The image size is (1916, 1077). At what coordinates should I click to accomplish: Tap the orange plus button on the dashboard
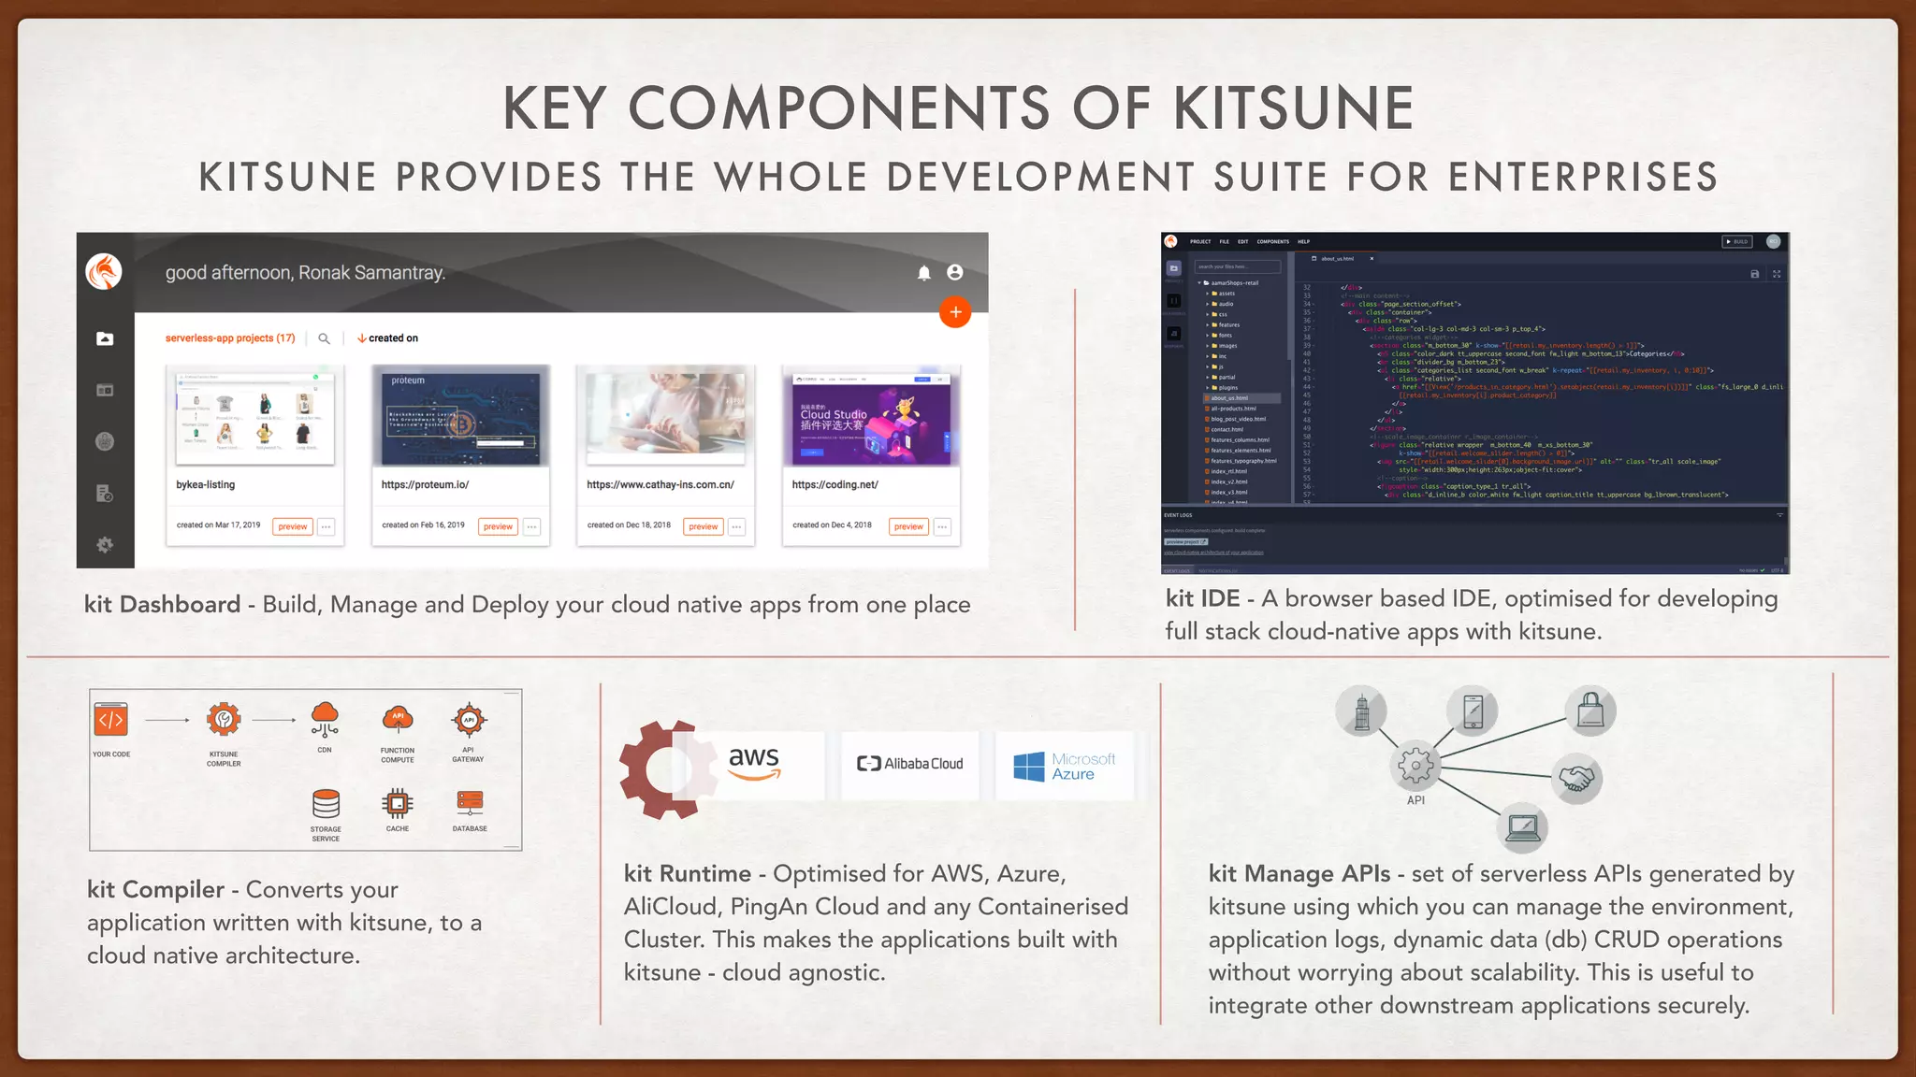point(955,312)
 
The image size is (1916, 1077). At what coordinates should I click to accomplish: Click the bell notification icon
point(923,273)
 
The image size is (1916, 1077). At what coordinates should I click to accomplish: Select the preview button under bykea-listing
point(293,526)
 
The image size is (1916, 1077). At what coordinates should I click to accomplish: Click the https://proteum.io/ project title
point(425,484)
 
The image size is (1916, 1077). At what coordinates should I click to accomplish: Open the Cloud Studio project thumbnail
point(870,418)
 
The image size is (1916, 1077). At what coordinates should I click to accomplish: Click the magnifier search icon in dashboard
point(324,338)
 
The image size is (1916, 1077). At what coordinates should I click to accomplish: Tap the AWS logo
point(754,762)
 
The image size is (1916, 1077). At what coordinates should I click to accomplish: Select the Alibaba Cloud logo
point(909,764)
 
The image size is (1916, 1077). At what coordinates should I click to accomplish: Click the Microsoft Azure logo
point(1065,766)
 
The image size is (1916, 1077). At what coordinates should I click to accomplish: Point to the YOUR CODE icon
point(110,720)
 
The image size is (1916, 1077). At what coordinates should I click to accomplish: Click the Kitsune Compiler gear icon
point(224,720)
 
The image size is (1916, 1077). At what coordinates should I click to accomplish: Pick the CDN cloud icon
point(325,719)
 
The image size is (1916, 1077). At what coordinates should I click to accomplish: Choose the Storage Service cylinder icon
point(326,803)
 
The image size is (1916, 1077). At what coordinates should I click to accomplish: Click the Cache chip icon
point(398,803)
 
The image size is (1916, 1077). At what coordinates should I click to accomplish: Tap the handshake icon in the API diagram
point(1576,778)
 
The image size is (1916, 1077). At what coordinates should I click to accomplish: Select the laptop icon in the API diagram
point(1522,826)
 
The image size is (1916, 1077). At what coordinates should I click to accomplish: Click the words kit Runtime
point(687,873)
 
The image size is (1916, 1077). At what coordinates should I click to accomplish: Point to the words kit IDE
point(1202,598)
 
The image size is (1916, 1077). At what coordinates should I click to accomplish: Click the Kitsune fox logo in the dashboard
point(104,272)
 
